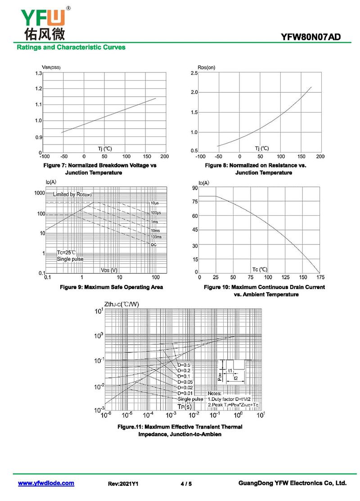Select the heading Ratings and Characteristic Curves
coord(71,47)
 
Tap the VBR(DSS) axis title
coord(48,68)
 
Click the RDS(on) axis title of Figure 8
coord(206,68)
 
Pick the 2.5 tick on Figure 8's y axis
coord(194,73)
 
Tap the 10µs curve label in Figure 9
coord(155,203)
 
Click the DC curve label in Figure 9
coord(154,244)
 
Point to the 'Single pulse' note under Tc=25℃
coord(70,259)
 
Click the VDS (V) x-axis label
coord(109,270)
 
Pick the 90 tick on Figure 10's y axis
coord(194,188)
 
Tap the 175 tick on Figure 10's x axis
coord(320,278)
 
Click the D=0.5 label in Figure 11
coord(184,365)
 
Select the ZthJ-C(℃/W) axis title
coord(121,304)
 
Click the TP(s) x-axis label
coord(184,406)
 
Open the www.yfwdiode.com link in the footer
coord(46,483)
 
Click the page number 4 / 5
coord(186,484)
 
